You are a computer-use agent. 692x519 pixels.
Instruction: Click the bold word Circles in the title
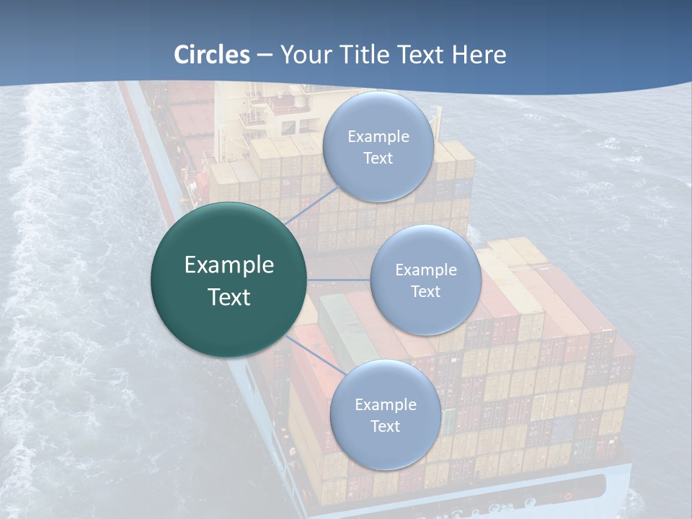212,55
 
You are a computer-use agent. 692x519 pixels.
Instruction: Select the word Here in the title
479,55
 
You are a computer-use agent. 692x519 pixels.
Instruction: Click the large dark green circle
229,280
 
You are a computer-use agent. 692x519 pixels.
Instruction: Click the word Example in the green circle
229,265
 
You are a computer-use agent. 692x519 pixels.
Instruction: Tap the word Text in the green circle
229,297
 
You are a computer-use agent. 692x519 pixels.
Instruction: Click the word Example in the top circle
378,137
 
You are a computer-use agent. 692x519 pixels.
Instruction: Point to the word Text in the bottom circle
385,426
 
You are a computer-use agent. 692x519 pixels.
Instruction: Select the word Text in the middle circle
425,291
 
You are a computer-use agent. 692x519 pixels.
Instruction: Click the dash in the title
265,56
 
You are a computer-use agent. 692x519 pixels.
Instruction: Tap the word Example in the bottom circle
386,404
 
